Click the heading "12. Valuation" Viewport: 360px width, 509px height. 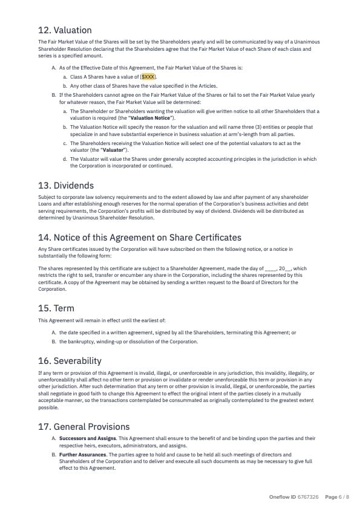tap(65, 30)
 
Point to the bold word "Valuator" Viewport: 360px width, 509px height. tap(112, 149)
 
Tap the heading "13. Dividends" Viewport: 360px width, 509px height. tap(65, 185)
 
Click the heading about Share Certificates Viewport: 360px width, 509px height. tap(139, 237)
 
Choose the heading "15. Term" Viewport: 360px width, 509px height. tap(56, 308)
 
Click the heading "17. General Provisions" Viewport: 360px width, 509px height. tap(83, 427)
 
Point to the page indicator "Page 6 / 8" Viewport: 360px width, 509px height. tap(337, 497)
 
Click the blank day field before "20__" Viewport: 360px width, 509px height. tap(270, 268)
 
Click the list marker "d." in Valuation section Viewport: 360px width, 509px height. tap(65, 159)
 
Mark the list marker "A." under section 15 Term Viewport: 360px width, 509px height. tap(54, 332)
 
